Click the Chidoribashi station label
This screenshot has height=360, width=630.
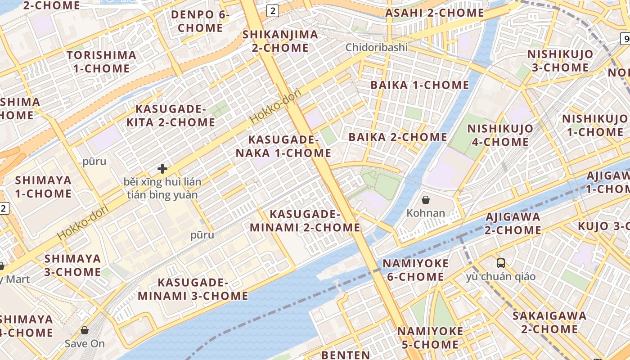(376, 47)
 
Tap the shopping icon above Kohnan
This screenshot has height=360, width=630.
(426, 199)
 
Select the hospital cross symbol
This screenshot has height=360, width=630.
(162, 169)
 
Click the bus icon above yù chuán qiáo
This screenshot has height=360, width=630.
(501, 263)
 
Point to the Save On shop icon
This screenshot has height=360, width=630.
(84, 331)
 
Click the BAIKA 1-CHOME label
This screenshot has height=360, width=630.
(419, 85)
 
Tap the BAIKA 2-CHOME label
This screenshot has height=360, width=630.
(398, 137)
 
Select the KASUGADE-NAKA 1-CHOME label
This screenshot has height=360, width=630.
(283, 146)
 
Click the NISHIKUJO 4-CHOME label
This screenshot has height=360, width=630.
(500, 135)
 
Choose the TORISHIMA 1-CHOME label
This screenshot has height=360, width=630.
(101, 62)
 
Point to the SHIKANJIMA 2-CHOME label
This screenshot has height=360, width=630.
(280, 41)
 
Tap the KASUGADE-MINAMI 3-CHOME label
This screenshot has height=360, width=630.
(193, 289)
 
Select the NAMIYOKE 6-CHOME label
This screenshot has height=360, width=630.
(415, 270)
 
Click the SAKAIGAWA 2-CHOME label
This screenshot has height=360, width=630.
(549, 322)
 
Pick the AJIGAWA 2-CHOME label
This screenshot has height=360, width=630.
(513, 223)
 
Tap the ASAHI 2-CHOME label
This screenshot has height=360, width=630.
(434, 13)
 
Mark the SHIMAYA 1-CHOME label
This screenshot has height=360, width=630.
(43, 187)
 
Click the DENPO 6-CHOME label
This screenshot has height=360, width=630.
(200, 21)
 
